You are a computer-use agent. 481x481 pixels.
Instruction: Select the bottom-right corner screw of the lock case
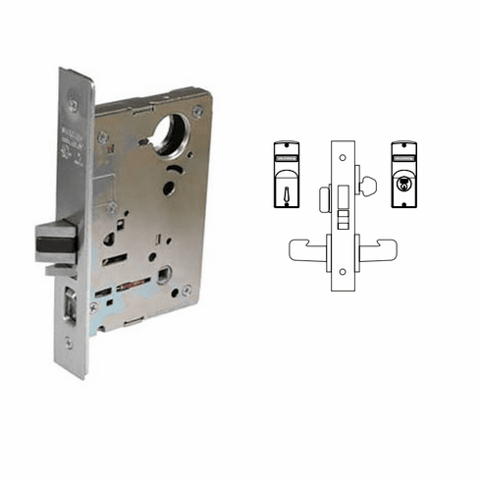point(187,291)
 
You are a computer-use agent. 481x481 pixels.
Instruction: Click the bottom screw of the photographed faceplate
point(68,344)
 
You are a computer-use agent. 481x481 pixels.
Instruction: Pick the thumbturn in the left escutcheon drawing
point(284,185)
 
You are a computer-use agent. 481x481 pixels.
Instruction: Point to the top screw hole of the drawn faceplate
point(343,155)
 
